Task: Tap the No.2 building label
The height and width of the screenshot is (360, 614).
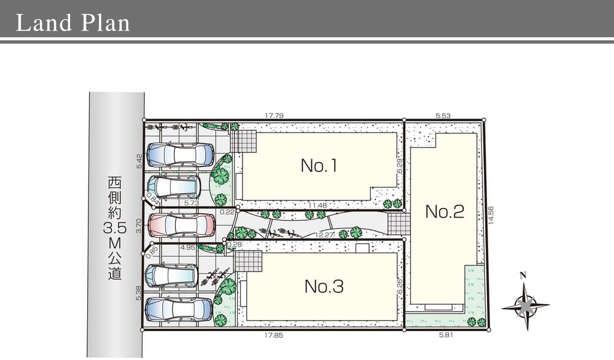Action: click(x=445, y=211)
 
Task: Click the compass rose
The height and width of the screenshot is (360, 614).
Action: click(x=525, y=304)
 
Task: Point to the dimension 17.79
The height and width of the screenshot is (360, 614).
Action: click(x=274, y=115)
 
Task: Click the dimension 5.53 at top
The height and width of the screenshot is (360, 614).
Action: click(x=443, y=115)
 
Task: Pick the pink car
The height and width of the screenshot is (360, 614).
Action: click(x=181, y=224)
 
